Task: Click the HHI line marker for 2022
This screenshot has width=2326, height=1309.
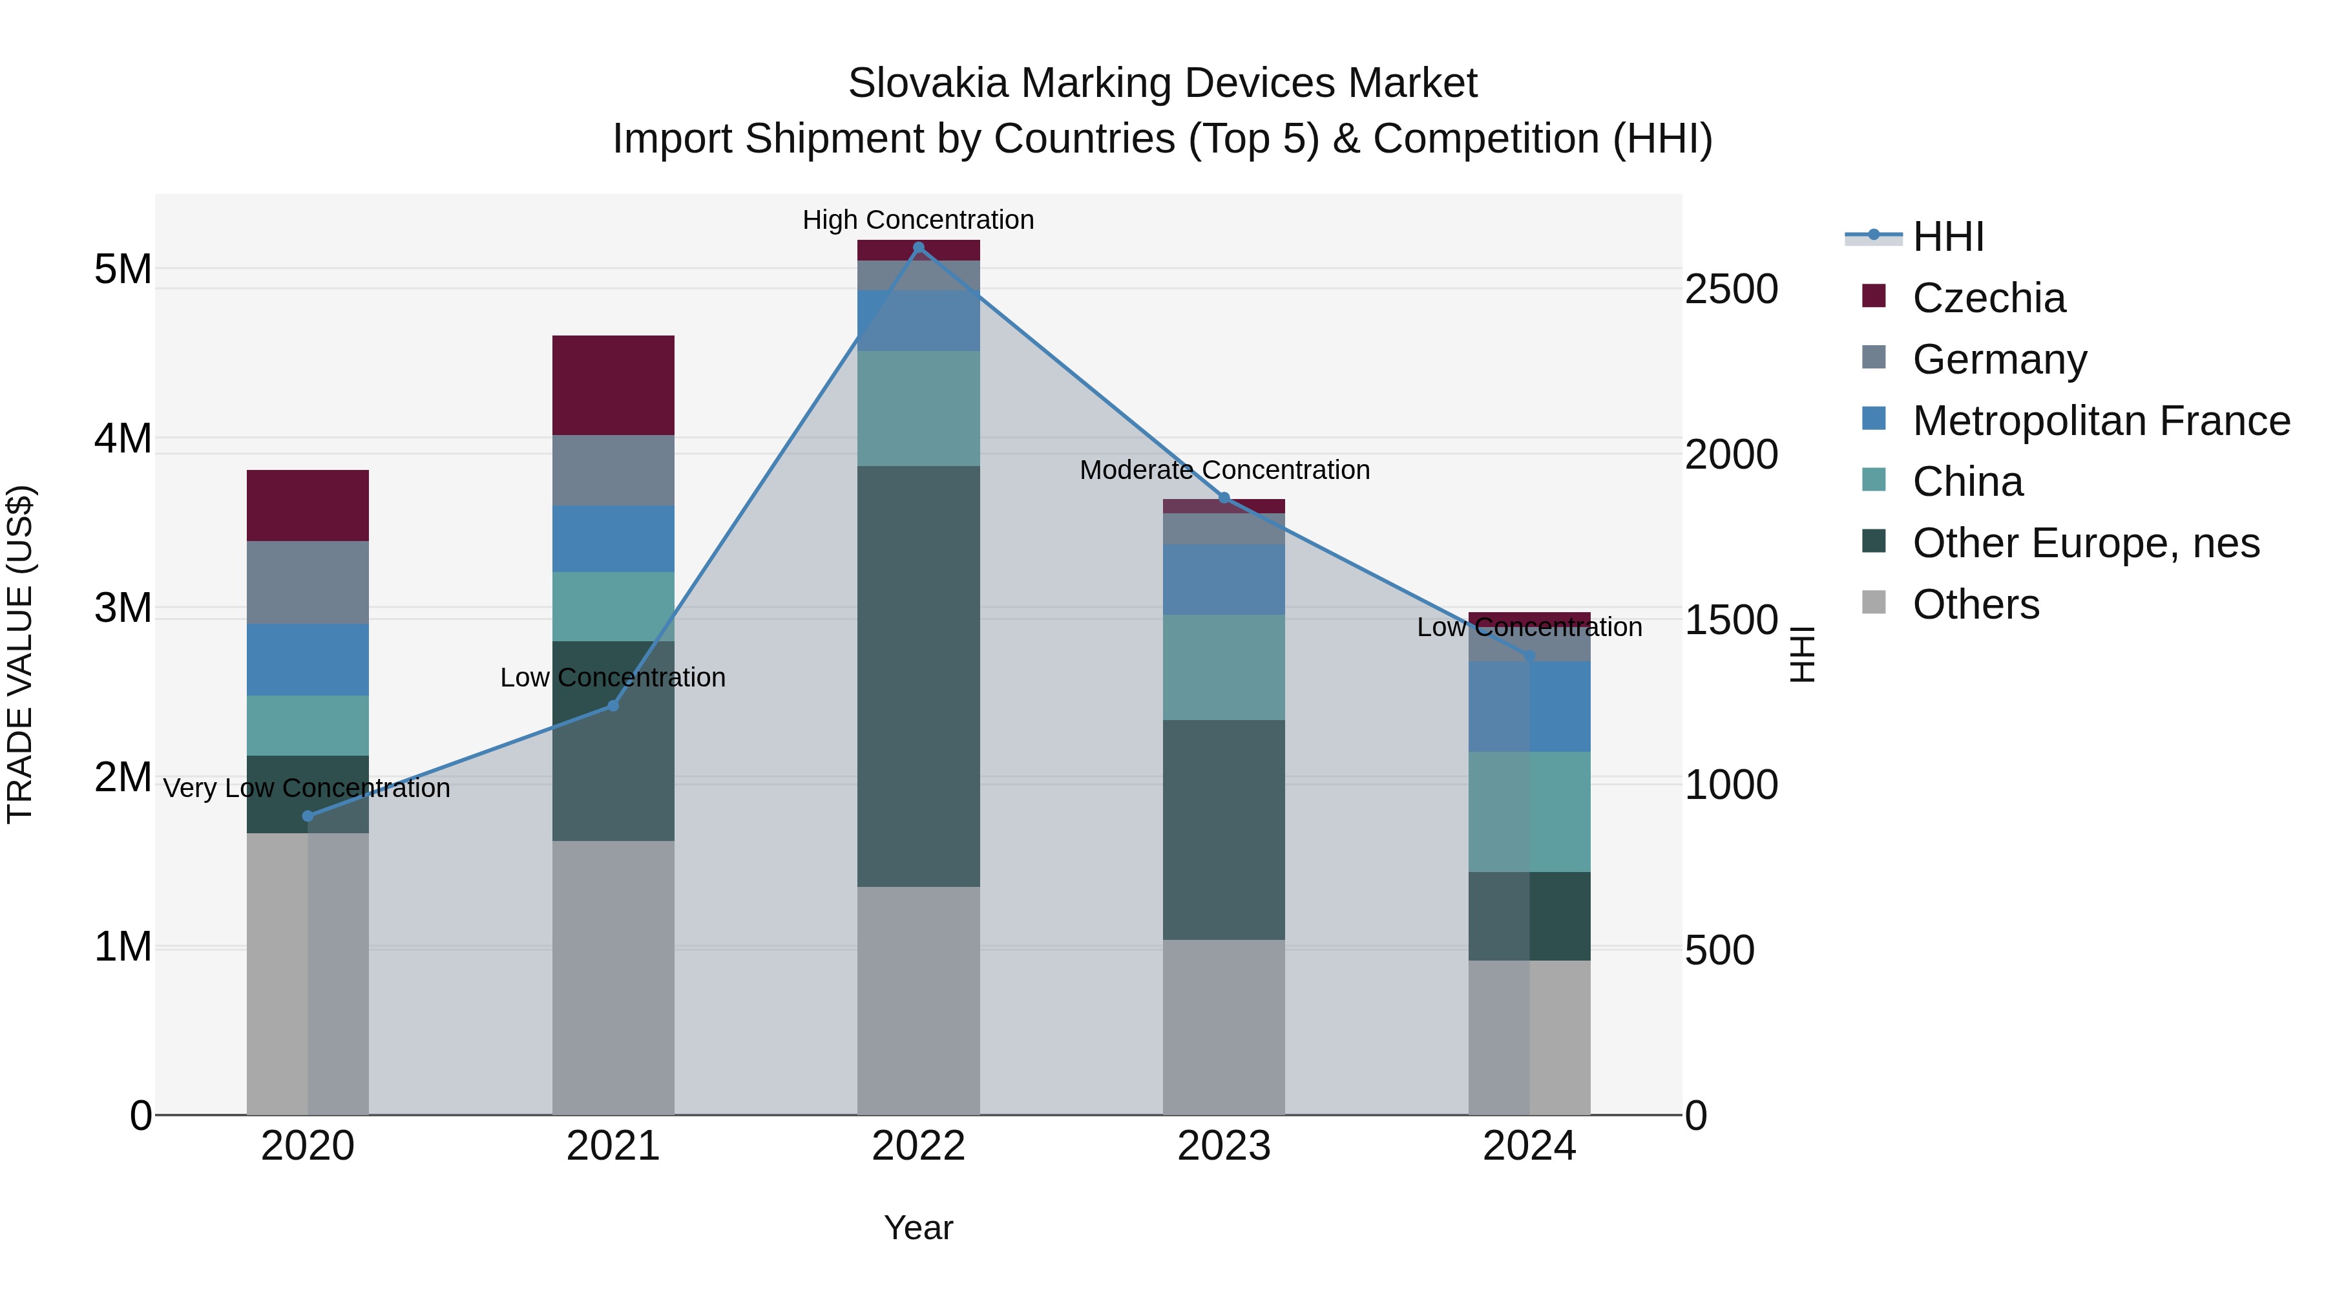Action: tap(918, 248)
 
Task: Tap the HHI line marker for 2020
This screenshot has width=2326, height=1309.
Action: tap(308, 816)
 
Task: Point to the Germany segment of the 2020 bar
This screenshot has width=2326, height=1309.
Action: tap(308, 582)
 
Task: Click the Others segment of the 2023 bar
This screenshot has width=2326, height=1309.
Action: tap(1224, 1027)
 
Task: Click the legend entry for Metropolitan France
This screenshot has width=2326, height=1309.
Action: tap(2101, 420)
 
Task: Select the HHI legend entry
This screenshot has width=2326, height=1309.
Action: tap(1947, 237)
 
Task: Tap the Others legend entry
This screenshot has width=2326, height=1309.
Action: tap(1976, 604)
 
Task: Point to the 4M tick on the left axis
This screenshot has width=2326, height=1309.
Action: tap(123, 438)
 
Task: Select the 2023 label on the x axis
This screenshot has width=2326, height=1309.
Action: tap(1224, 1146)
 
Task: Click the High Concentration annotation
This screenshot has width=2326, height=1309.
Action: tap(918, 220)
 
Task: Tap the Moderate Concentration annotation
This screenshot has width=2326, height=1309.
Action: tap(1224, 470)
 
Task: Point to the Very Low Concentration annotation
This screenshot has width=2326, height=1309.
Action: tap(307, 788)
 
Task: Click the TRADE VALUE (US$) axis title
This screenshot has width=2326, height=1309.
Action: tap(20, 654)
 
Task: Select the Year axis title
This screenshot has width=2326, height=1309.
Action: tap(918, 1228)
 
